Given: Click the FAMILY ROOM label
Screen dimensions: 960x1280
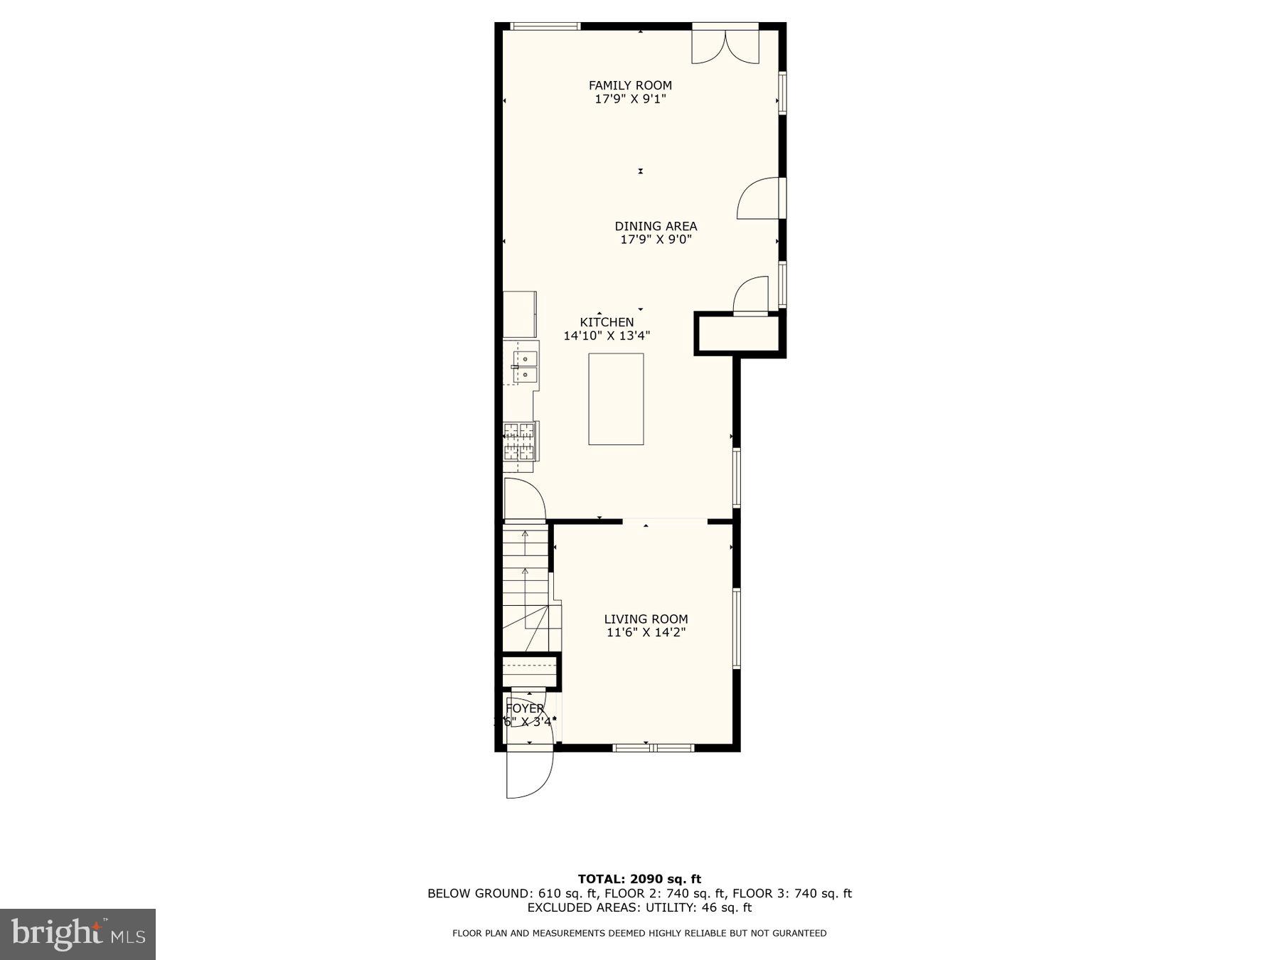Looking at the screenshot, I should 630,85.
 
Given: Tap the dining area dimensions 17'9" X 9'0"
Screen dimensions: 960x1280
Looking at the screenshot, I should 656,240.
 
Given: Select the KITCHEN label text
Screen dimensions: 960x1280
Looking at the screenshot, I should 607,322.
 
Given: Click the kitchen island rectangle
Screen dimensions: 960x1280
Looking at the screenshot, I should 616,399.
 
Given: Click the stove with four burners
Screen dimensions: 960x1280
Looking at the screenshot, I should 519,441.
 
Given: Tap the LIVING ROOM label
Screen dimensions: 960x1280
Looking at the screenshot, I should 646,619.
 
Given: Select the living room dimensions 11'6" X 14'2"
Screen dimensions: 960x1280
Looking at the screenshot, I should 646,632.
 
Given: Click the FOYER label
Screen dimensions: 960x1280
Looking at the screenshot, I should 525,708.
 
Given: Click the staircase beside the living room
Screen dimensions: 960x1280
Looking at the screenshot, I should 526,587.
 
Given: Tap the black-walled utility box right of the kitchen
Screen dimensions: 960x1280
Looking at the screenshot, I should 740,334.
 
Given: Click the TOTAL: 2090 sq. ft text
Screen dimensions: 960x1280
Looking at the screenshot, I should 639,879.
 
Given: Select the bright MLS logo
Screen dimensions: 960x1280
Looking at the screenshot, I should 78,934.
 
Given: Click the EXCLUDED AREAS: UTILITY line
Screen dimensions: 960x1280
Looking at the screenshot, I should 639,907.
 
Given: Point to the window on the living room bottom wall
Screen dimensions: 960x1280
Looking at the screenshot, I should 653,747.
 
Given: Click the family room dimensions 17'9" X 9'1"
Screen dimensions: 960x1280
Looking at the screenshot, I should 630,99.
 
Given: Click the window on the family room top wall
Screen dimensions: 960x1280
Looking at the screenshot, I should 545,26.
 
